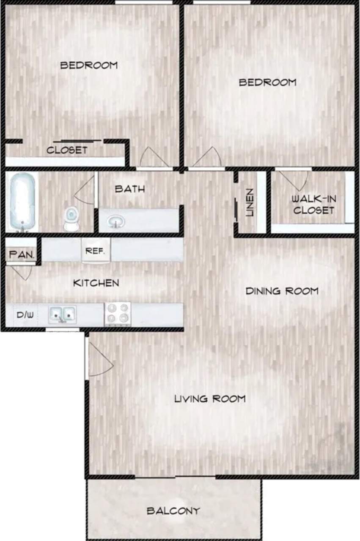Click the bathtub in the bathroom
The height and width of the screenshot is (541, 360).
pos(22,202)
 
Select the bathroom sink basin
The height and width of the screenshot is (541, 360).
pos(115,221)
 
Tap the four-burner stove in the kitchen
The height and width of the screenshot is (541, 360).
pos(118,314)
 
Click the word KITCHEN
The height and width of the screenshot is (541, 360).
pos(96,283)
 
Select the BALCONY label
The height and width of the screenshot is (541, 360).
pos(173,511)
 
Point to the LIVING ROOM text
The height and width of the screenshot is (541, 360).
pos(210,398)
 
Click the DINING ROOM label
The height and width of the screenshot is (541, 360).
pos(282,291)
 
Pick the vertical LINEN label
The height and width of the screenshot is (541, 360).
pos(250,202)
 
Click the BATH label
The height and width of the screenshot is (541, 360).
pos(130,189)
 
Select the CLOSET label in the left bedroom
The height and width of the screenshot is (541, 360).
pos(67,150)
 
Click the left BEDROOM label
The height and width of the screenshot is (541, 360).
pos(89,65)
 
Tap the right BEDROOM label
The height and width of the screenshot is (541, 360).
pos(267,82)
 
